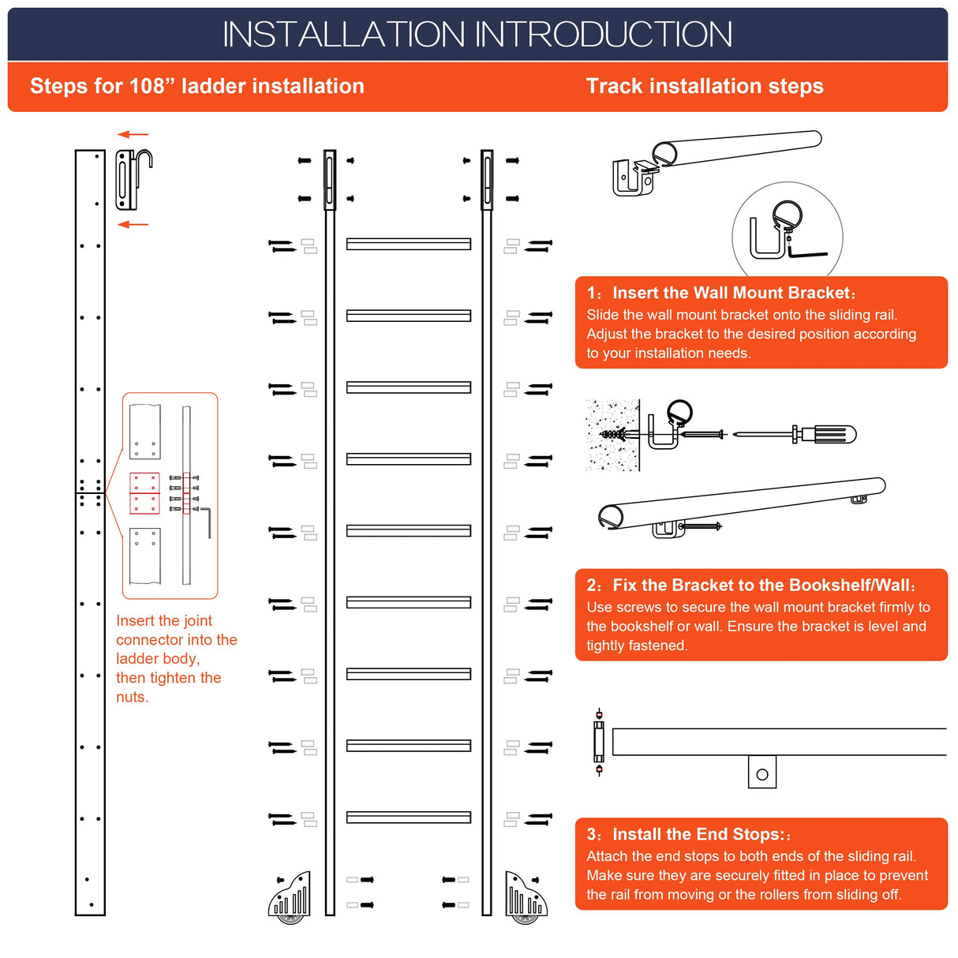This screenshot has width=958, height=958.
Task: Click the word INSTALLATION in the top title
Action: coord(344,35)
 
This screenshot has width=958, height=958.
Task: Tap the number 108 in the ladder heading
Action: coord(147,86)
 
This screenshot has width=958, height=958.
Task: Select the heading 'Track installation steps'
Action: coord(704,86)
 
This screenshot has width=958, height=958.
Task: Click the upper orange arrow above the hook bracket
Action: coord(133,135)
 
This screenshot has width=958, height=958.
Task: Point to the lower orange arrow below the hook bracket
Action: coord(133,225)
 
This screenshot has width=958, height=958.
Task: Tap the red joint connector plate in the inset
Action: coord(144,493)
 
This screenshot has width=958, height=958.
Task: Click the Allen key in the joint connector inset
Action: coord(207,522)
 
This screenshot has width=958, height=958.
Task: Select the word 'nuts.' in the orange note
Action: coord(132,697)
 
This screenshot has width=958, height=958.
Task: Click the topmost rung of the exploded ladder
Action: coord(409,245)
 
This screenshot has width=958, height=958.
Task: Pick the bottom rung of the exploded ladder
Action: coord(409,818)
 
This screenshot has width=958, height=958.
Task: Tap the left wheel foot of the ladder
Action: coord(290,898)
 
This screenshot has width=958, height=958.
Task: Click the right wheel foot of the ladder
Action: coord(523,898)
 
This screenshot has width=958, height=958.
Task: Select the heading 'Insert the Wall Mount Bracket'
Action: coord(732,293)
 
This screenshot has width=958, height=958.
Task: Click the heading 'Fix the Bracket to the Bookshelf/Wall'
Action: coord(762,585)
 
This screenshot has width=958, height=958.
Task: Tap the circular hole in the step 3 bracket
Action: coord(762,774)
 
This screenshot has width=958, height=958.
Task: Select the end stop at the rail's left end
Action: coord(599,742)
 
